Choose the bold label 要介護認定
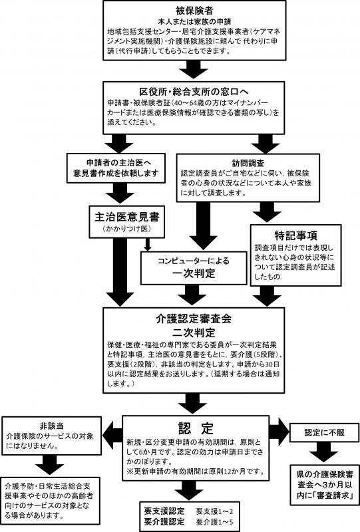164,522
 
